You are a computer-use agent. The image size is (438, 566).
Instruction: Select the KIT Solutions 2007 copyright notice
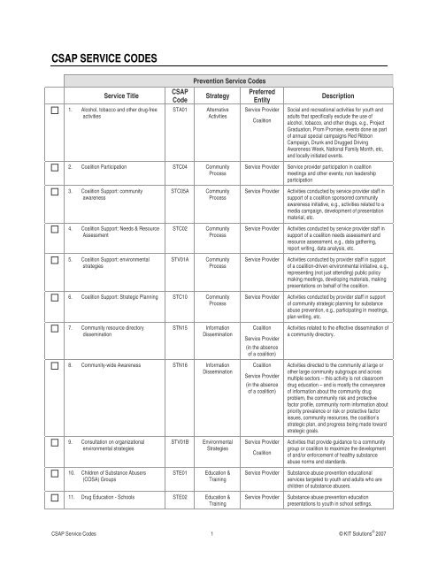click(375, 534)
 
